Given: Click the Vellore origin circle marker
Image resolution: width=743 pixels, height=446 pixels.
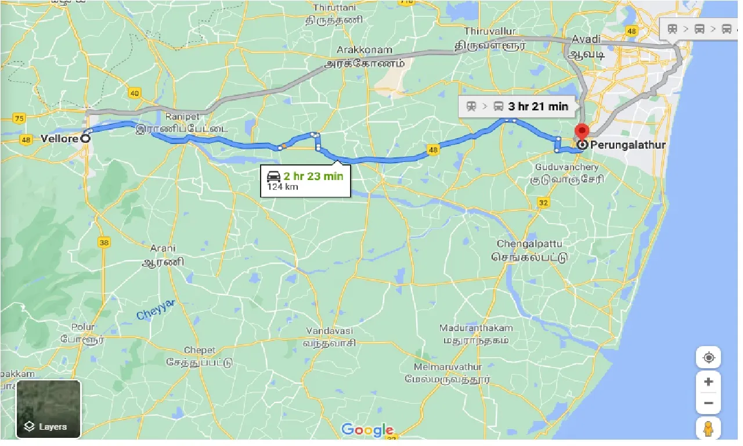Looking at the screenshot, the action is pos(86,138).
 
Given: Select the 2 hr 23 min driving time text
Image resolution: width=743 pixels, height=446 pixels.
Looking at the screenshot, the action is pos(313,176).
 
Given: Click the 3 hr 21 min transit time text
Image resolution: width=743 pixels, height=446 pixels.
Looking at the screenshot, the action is pos(538,106).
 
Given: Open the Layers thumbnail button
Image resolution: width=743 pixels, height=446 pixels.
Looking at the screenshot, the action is pos(48,408).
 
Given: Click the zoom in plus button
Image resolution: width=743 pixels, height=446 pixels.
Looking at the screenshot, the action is pos(708,382).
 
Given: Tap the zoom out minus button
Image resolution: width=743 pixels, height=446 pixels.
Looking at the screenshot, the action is pos(708,403).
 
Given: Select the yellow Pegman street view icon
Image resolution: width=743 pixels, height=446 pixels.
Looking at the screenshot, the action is pos(708,429).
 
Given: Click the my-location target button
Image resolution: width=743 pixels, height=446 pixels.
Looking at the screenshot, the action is pos(708,357).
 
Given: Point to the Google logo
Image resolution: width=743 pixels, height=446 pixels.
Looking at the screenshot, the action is pos(367,430).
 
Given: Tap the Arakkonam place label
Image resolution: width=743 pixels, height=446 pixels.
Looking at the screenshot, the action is pos(365,51).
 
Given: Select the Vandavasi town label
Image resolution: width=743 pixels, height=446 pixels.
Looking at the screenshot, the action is pos(329,330).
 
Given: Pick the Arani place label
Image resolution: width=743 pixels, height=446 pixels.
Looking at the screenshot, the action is pos(163,249).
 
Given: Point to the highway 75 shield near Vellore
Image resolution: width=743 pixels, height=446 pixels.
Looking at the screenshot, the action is pos(20,118).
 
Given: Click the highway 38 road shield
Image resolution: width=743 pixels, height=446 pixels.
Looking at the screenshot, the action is pos(104,242).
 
